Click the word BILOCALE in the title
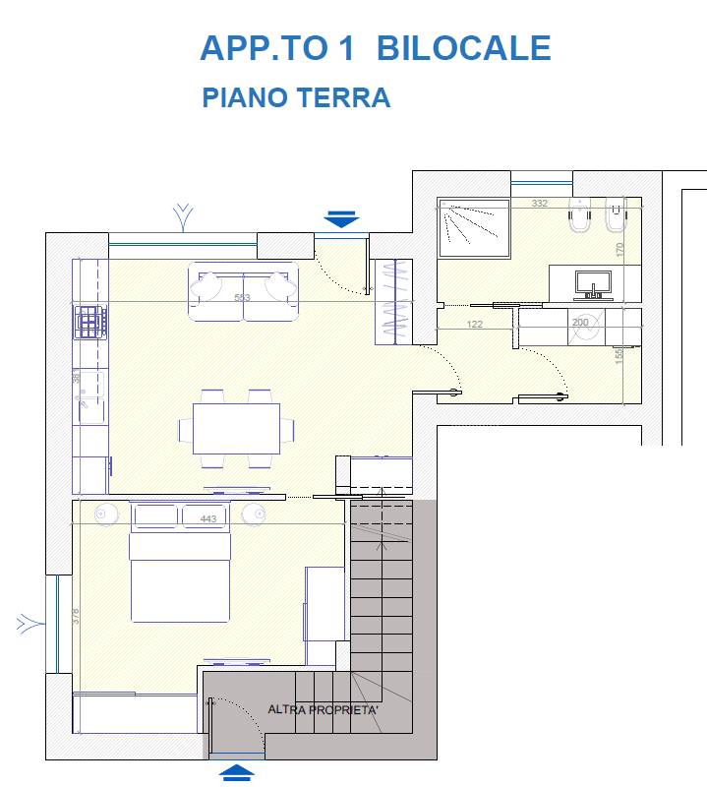coord(463,47)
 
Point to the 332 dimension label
coord(539,204)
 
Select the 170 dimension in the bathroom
coord(619,250)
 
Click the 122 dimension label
coord(475,324)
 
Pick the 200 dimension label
coord(580,323)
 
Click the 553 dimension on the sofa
coord(242,298)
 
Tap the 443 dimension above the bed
coord(207,519)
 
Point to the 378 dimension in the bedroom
coord(76,616)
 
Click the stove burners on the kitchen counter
coord(89,321)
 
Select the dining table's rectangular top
coord(236,429)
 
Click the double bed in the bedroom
coord(179,577)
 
